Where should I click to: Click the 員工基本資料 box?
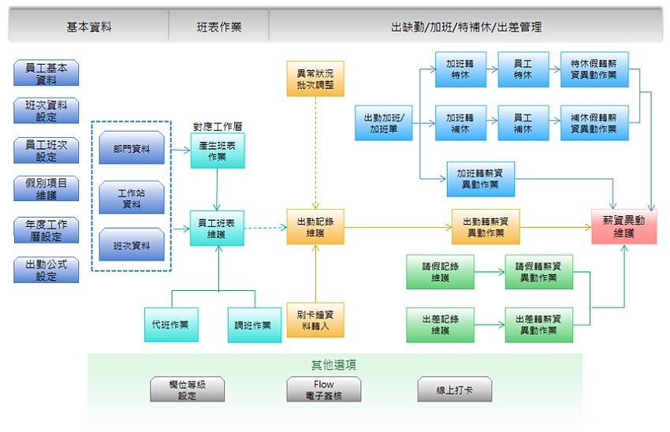pos(47,73)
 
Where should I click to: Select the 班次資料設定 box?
pos(47,110)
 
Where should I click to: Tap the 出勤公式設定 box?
pos(47,270)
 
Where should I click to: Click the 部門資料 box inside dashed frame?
pos(132,148)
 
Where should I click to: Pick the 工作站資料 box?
pos(132,198)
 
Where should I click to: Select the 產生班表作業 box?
pos(217,151)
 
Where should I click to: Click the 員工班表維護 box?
pos(217,228)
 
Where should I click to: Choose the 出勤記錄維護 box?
pos(315,227)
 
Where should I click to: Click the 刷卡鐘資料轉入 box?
pos(315,319)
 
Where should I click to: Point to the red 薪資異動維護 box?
pos(623,227)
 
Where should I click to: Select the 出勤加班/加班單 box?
pos(383,123)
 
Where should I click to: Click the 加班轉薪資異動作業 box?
pos(480,178)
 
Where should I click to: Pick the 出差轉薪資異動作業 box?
pos(539,324)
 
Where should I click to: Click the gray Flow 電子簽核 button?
pos(324,389)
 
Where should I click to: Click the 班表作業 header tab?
pos(219,27)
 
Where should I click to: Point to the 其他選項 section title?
pos(334,365)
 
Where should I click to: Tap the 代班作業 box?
pos(171,324)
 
